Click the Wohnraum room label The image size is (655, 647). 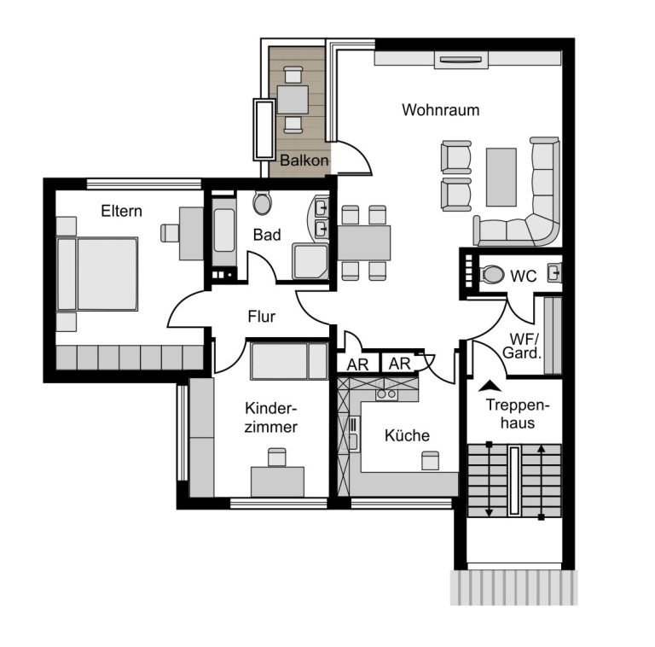(x=440, y=110)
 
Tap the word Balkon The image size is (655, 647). (x=304, y=160)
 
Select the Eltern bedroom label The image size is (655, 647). (x=122, y=211)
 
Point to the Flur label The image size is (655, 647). (x=262, y=317)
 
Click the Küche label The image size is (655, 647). (x=407, y=435)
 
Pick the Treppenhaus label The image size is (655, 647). (x=518, y=414)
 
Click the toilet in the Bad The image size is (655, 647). (x=262, y=203)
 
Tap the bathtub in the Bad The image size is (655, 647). (x=224, y=231)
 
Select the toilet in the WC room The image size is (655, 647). (x=492, y=275)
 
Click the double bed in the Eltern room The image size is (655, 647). (x=97, y=274)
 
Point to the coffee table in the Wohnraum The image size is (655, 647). (x=501, y=177)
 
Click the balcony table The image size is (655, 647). (x=293, y=100)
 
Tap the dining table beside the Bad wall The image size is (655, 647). (x=364, y=242)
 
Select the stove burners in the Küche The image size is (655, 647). (x=386, y=393)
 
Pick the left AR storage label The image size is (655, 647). (x=357, y=364)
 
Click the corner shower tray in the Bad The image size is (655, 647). (x=310, y=261)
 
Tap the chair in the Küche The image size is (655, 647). (x=430, y=460)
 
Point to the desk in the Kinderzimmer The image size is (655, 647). (x=277, y=482)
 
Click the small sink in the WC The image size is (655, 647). (x=555, y=272)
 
